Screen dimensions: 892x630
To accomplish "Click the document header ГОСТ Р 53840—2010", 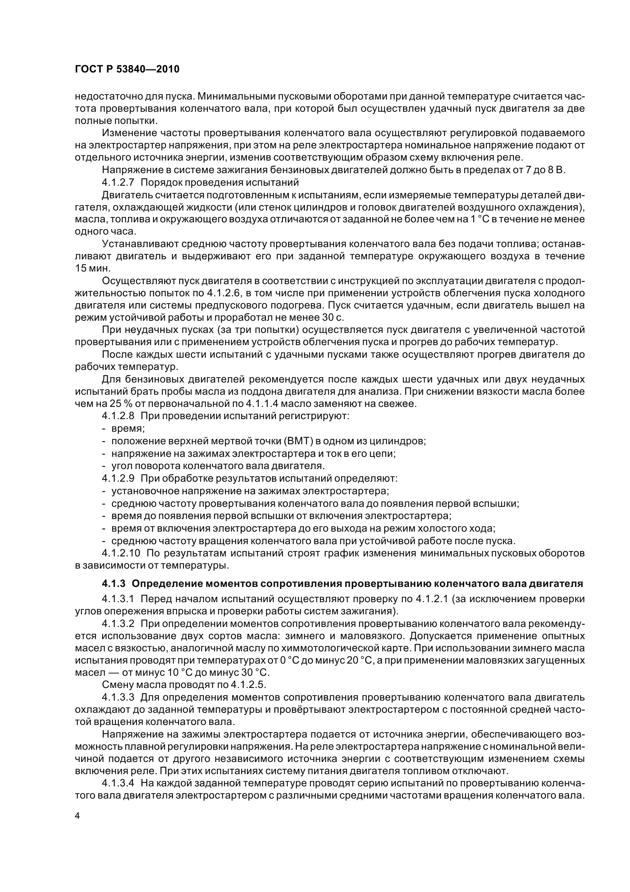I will pos(127,69).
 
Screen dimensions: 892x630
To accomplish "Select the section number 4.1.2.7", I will pos(118,182).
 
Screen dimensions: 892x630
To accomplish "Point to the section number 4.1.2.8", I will pos(118,416).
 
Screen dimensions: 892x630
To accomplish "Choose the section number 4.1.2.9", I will pos(118,478).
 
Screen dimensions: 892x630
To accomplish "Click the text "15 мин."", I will pos(87,268).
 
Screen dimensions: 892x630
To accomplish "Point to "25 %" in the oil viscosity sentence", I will pos(104,403).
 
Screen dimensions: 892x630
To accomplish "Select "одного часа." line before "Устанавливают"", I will pos(105,231).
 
